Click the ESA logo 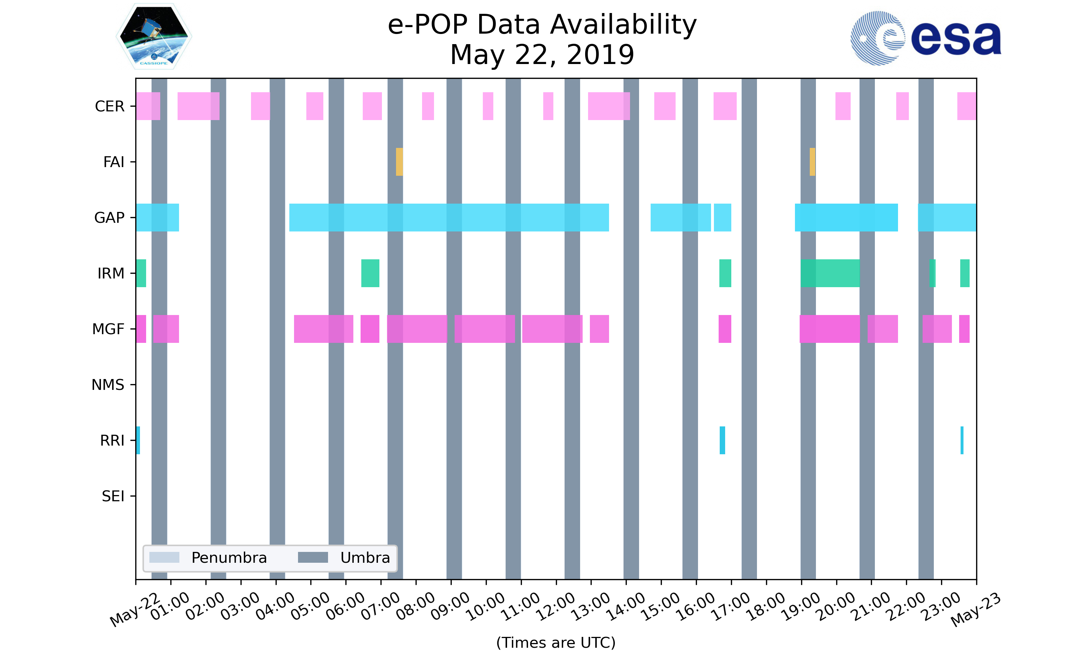coord(926,38)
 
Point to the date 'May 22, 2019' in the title coord(542,55)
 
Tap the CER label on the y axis coord(110,106)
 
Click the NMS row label coord(108,385)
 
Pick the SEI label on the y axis coord(113,496)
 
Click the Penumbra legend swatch coord(164,558)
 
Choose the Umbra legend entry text coord(365,558)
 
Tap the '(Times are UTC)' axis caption coord(556,642)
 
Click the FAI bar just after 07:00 coord(399,162)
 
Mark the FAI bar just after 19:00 coord(812,162)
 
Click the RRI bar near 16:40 coord(722,440)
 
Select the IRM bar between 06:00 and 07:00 coord(370,273)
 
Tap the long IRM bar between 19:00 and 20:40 coord(830,273)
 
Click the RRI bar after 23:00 coord(962,440)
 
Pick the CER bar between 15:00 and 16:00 coord(664,106)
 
